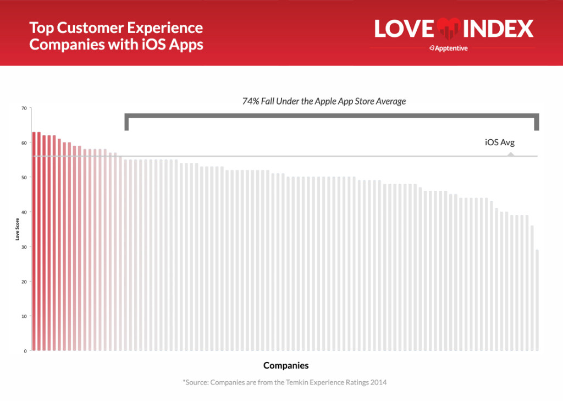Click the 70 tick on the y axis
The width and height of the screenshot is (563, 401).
[x=24, y=108]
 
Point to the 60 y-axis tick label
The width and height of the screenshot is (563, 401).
[x=24, y=143]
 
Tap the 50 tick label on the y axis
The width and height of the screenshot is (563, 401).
[x=24, y=178]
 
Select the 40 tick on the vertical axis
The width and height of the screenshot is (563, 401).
[x=24, y=212]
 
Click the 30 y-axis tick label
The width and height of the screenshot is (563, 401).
[x=24, y=247]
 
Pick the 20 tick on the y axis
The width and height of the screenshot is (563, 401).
[x=24, y=282]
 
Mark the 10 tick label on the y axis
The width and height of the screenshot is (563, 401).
[x=24, y=316]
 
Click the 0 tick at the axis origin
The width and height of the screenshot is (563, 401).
[x=25, y=351]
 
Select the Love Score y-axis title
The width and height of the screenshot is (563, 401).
[x=17, y=229]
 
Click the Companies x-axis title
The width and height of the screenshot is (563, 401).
[x=286, y=365]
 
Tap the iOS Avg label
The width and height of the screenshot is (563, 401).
[x=500, y=142]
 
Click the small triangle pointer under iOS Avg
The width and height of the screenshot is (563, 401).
[x=511, y=154]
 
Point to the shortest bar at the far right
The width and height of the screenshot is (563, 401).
[x=537, y=300]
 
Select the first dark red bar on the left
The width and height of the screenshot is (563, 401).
[x=34, y=241]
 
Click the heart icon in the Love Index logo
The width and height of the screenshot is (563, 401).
[x=449, y=29]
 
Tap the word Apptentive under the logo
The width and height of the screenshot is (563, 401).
[x=451, y=48]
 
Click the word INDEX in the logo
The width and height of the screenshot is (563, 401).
[x=498, y=29]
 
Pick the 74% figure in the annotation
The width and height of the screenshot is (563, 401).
[x=251, y=101]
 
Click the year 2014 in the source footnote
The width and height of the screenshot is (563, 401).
[x=378, y=382]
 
